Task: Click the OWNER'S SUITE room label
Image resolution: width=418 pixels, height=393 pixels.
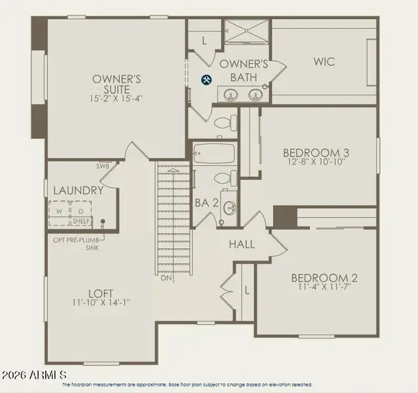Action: (x=116, y=84)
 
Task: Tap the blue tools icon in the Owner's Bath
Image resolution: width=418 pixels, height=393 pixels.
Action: (x=206, y=80)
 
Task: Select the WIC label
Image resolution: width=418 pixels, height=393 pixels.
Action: (x=324, y=62)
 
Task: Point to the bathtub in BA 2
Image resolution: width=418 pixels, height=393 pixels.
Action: (x=214, y=155)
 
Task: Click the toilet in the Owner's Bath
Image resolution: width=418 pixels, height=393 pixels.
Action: (x=224, y=122)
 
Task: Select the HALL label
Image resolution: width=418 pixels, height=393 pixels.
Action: (x=241, y=244)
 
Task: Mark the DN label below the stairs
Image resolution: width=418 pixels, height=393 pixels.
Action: (x=166, y=278)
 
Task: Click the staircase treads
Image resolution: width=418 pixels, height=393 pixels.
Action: (x=173, y=216)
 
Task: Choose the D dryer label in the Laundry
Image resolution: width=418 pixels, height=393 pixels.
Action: (x=81, y=211)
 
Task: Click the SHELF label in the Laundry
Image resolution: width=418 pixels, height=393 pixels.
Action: (x=82, y=221)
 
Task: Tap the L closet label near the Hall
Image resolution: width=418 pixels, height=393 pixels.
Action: (x=247, y=289)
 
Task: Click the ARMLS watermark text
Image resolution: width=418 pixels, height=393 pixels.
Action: (x=34, y=374)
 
